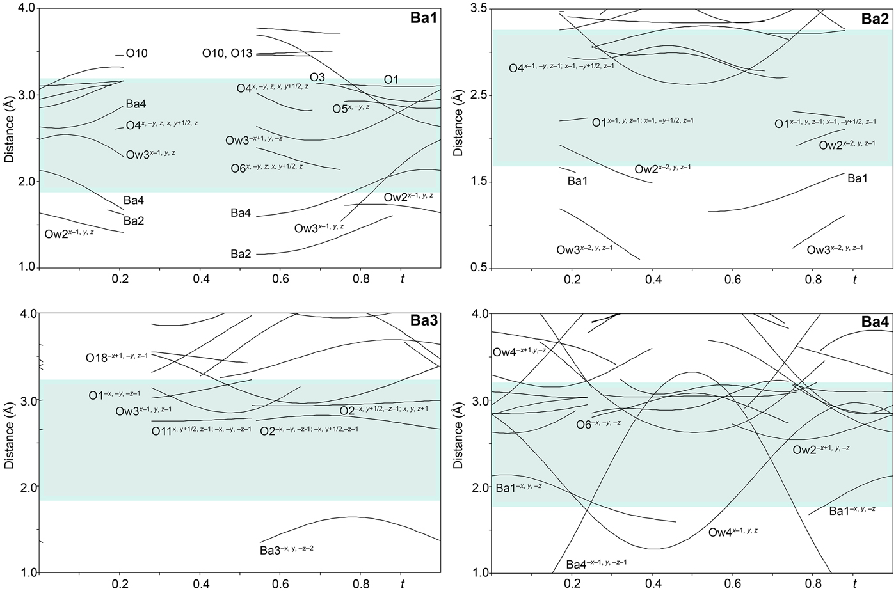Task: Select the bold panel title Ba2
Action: click(x=874, y=19)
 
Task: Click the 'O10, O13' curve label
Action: click(x=227, y=54)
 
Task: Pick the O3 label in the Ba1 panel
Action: click(x=317, y=77)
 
